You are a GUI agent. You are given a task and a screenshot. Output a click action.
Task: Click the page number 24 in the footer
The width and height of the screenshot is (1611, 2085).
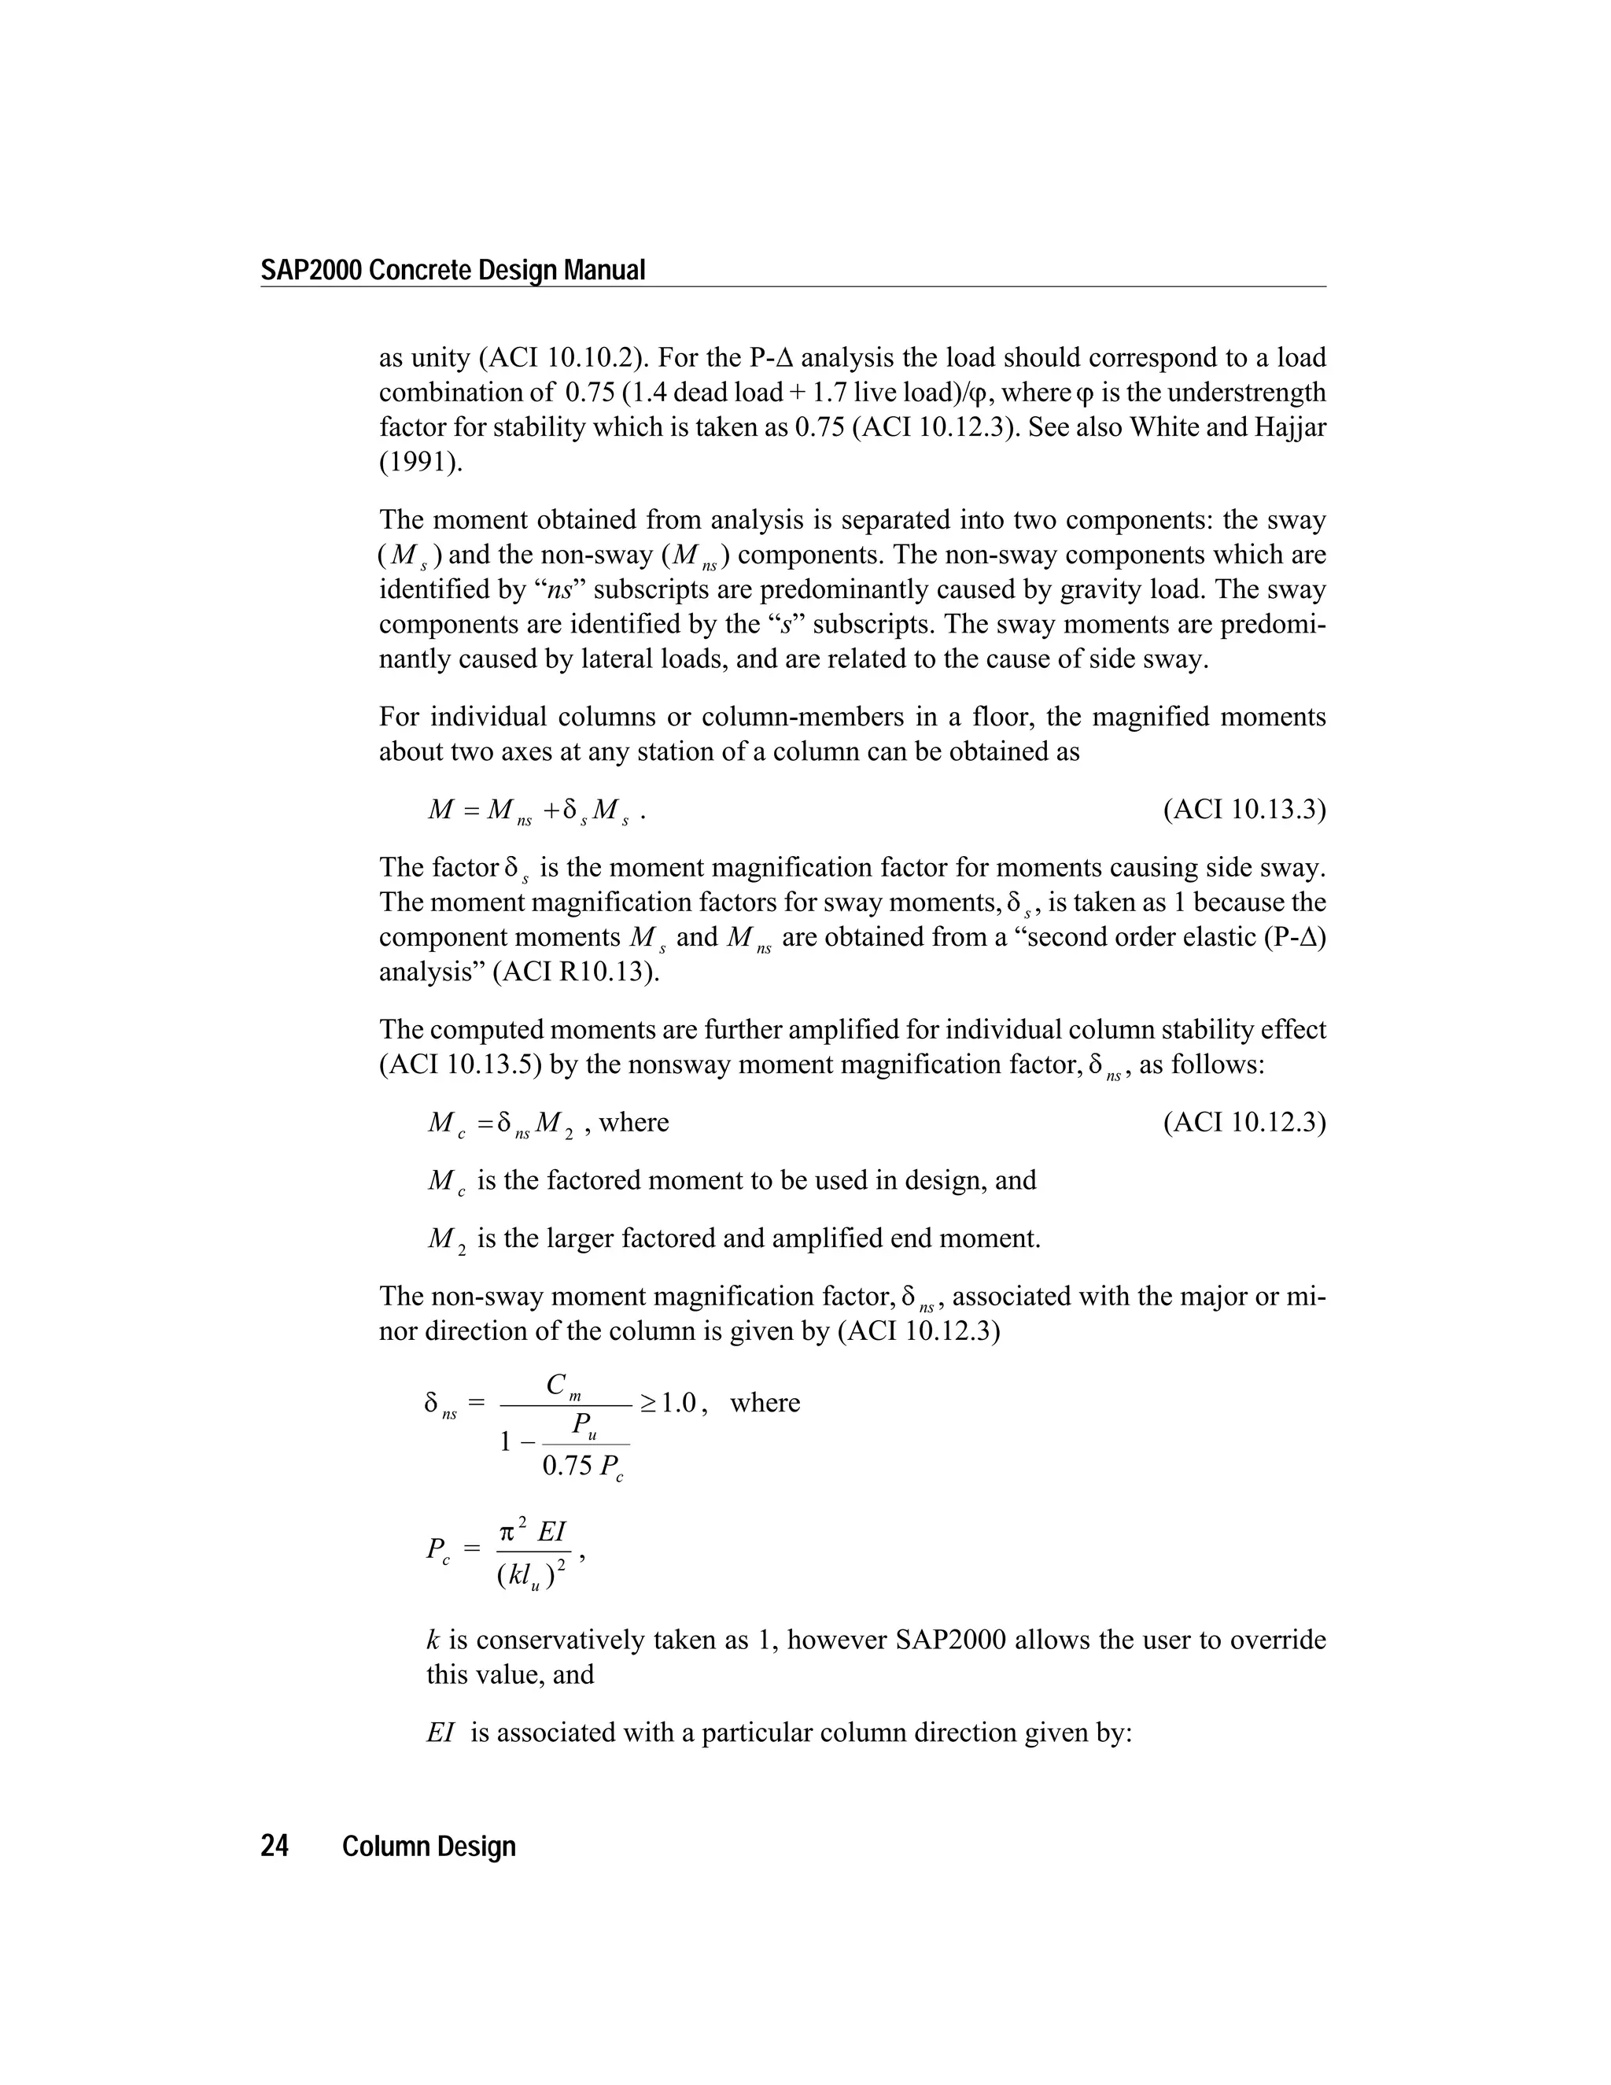275,1847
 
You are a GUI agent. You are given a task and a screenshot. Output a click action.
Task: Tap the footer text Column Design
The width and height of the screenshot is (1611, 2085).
429,1847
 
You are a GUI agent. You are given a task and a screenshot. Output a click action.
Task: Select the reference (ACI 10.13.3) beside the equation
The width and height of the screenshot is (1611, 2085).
1244,810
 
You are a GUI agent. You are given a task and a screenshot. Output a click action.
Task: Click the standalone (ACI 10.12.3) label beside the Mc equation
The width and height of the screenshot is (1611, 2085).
1244,1122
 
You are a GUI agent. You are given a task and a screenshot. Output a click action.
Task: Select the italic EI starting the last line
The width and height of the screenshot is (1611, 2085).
440,1733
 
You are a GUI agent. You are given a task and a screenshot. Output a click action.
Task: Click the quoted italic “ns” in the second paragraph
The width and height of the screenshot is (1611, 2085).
558,590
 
